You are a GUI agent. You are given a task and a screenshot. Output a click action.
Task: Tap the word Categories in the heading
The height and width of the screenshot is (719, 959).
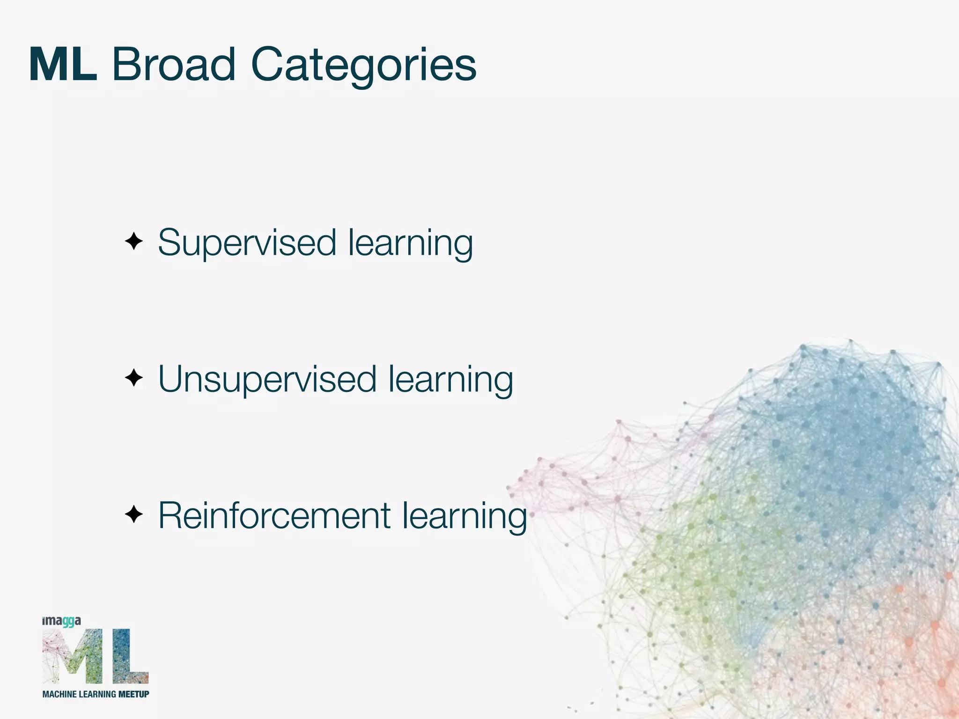(x=363, y=66)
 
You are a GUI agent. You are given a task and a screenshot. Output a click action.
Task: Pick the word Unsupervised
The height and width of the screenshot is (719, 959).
(x=267, y=379)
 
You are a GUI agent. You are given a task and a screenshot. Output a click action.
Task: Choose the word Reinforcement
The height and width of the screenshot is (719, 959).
(x=274, y=516)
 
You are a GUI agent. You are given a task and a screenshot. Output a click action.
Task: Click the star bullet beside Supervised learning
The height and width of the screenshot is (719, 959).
(x=134, y=242)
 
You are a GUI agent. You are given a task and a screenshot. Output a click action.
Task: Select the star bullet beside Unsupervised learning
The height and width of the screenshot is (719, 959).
(x=134, y=378)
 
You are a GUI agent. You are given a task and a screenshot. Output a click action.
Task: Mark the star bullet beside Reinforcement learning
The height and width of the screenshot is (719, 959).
(x=134, y=514)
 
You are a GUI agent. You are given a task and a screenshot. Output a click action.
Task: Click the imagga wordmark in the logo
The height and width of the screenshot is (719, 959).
(x=61, y=621)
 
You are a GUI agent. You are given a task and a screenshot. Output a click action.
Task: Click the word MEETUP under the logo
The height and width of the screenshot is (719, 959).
(x=134, y=694)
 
